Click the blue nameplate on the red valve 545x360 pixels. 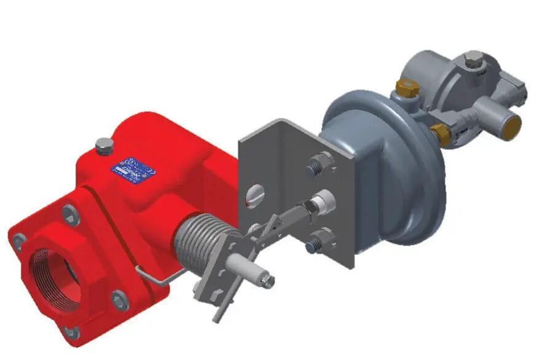pos(133,170)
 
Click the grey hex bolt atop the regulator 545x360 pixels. pos(474,61)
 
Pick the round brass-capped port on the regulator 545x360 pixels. pos(509,127)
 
